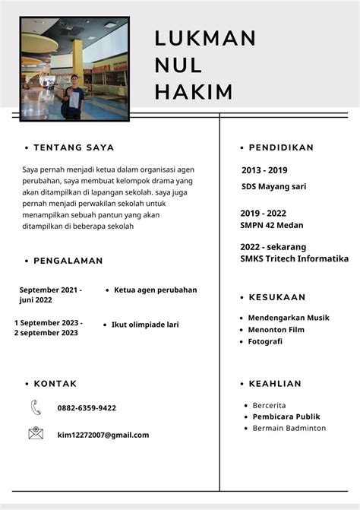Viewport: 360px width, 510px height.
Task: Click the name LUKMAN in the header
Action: pos(205,38)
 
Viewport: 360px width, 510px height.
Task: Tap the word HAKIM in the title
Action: pos(194,93)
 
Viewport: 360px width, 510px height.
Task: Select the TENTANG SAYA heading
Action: pos(74,147)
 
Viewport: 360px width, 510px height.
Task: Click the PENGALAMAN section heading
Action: pos(68,261)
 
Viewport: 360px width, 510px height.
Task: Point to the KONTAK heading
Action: pos(55,384)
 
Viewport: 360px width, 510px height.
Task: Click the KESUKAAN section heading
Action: pos(276,297)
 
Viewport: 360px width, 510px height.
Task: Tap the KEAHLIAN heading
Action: pos(274,384)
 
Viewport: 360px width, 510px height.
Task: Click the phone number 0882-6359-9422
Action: pos(87,408)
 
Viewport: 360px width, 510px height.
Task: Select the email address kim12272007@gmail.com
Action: pos(103,436)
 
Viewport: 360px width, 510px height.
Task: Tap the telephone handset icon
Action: pos(36,408)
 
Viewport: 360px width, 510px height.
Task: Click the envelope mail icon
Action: pos(36,434)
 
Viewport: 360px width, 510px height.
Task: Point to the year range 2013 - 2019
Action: pos(264,170)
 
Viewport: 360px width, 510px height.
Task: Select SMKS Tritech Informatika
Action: pos(294,259)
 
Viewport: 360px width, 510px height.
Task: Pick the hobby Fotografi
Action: pos(265,342)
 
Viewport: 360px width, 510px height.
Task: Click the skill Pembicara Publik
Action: pos(286,417)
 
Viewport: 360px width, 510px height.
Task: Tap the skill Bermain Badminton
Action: pos(289,429)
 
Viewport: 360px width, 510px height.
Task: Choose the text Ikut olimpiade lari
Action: pos(145,325)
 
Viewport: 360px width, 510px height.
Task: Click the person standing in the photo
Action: pos(73,95)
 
